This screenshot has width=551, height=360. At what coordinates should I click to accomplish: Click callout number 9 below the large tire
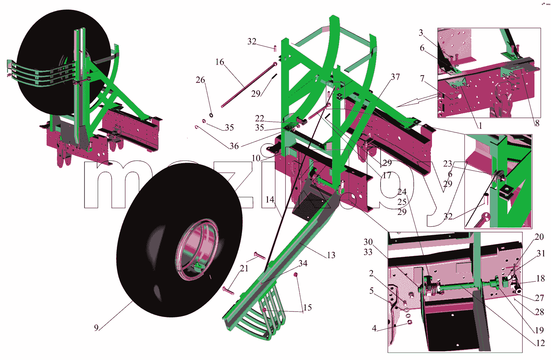pyautogui.click(x=96, y=328)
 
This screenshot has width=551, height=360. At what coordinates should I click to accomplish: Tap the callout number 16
pyautogui.click(x=220, y=62)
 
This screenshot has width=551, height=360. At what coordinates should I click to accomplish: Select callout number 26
pyautogui.click(x=200, y=80)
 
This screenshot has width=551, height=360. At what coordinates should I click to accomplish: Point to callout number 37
pyautogui.click(x=395, y=77)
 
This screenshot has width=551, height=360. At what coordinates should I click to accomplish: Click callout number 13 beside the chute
pyautogui.click(x=331, y=255)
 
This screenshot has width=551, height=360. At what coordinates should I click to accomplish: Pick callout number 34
pyautogui.click(x=303, y=263)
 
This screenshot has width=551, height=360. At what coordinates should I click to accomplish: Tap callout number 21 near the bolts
pyautogui.click(x=244, y=269)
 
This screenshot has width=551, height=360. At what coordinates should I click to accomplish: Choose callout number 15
pyautogui.click(x=307, y=307)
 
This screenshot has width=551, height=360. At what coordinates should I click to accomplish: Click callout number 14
pyautogui.click(x=270, y=199)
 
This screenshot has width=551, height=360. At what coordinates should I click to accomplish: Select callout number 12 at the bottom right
pyautogui.click(x=540, y=343)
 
